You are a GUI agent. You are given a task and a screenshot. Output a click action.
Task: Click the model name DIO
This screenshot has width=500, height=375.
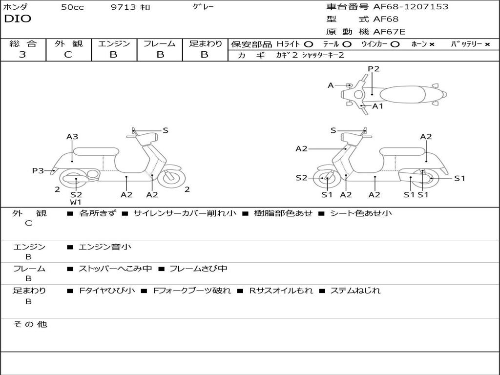point(18,19)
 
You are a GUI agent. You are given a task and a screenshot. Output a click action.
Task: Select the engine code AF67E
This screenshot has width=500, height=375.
point(389,32)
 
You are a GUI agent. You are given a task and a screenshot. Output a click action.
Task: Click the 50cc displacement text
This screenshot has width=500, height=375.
point(72,7)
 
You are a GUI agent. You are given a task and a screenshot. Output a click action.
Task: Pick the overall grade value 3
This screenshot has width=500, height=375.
point(22,55)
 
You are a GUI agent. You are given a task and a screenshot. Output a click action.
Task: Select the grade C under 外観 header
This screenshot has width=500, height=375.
point(68,55)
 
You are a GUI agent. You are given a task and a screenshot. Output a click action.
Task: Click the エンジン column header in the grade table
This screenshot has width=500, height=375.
point(114,43)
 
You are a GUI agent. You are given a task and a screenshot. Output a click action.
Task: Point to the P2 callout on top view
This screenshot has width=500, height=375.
point(374,69)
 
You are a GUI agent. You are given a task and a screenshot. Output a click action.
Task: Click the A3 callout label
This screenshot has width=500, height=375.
point(72,137)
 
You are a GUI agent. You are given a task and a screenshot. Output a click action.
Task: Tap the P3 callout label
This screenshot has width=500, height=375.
point(38,170)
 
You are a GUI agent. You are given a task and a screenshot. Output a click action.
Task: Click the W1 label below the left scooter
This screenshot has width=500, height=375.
point(76,202)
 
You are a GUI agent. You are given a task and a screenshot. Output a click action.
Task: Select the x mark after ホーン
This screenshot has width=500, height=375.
point(432,44)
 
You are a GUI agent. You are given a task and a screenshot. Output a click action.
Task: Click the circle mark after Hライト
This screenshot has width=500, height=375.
point(309,44)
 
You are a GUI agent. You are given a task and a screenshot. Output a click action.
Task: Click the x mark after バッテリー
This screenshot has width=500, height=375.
point(487,44)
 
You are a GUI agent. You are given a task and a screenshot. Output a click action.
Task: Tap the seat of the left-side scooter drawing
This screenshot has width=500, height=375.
point(96,151)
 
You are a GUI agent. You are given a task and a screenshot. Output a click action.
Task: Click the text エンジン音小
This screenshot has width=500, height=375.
point(105,247)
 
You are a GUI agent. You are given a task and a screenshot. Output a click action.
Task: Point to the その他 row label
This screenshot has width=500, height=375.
point(30,324)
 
